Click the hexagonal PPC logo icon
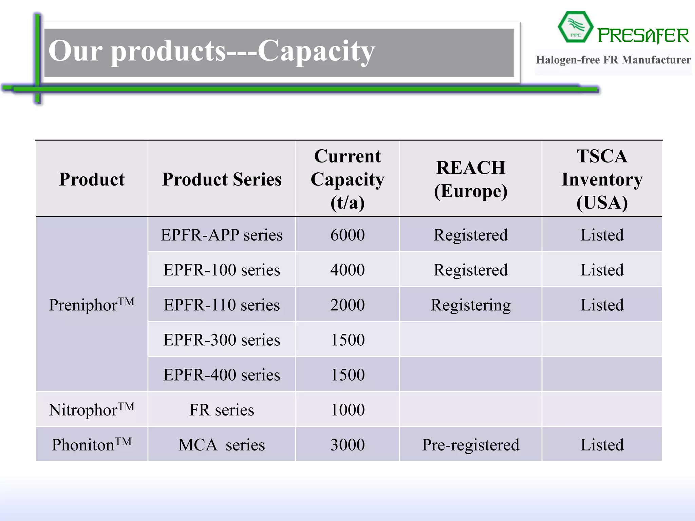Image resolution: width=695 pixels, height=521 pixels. coord(575,27)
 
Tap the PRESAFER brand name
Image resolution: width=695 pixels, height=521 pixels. coord(643,36)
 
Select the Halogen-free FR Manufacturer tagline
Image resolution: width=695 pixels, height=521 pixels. coord(613,60)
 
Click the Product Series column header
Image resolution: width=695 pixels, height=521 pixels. coord(222,179)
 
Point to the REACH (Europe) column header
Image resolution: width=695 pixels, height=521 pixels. coord(471,179)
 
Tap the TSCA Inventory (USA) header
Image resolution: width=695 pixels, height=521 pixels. coord(602,179)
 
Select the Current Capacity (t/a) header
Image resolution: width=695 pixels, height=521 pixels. coord(347,179)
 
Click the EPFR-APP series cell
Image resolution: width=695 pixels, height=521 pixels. coord(222,235)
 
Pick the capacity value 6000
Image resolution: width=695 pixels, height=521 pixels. coord(347,235)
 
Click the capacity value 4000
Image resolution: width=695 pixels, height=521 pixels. coord(347,270)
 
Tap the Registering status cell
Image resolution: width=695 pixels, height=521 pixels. coord(471,305)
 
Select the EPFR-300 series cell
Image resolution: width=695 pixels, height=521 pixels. coord(222,340)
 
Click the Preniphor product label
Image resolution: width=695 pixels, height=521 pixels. coord(91,304)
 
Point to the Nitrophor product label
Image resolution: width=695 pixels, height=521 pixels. coord(91,409)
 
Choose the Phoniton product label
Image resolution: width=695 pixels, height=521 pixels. coord(91,444)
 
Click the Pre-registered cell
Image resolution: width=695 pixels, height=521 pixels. coord(471,445)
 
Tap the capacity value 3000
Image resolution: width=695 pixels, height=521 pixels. coord(347,445)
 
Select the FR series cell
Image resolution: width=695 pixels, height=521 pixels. coord(222,410)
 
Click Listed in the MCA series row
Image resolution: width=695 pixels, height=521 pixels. coord(602,445)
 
